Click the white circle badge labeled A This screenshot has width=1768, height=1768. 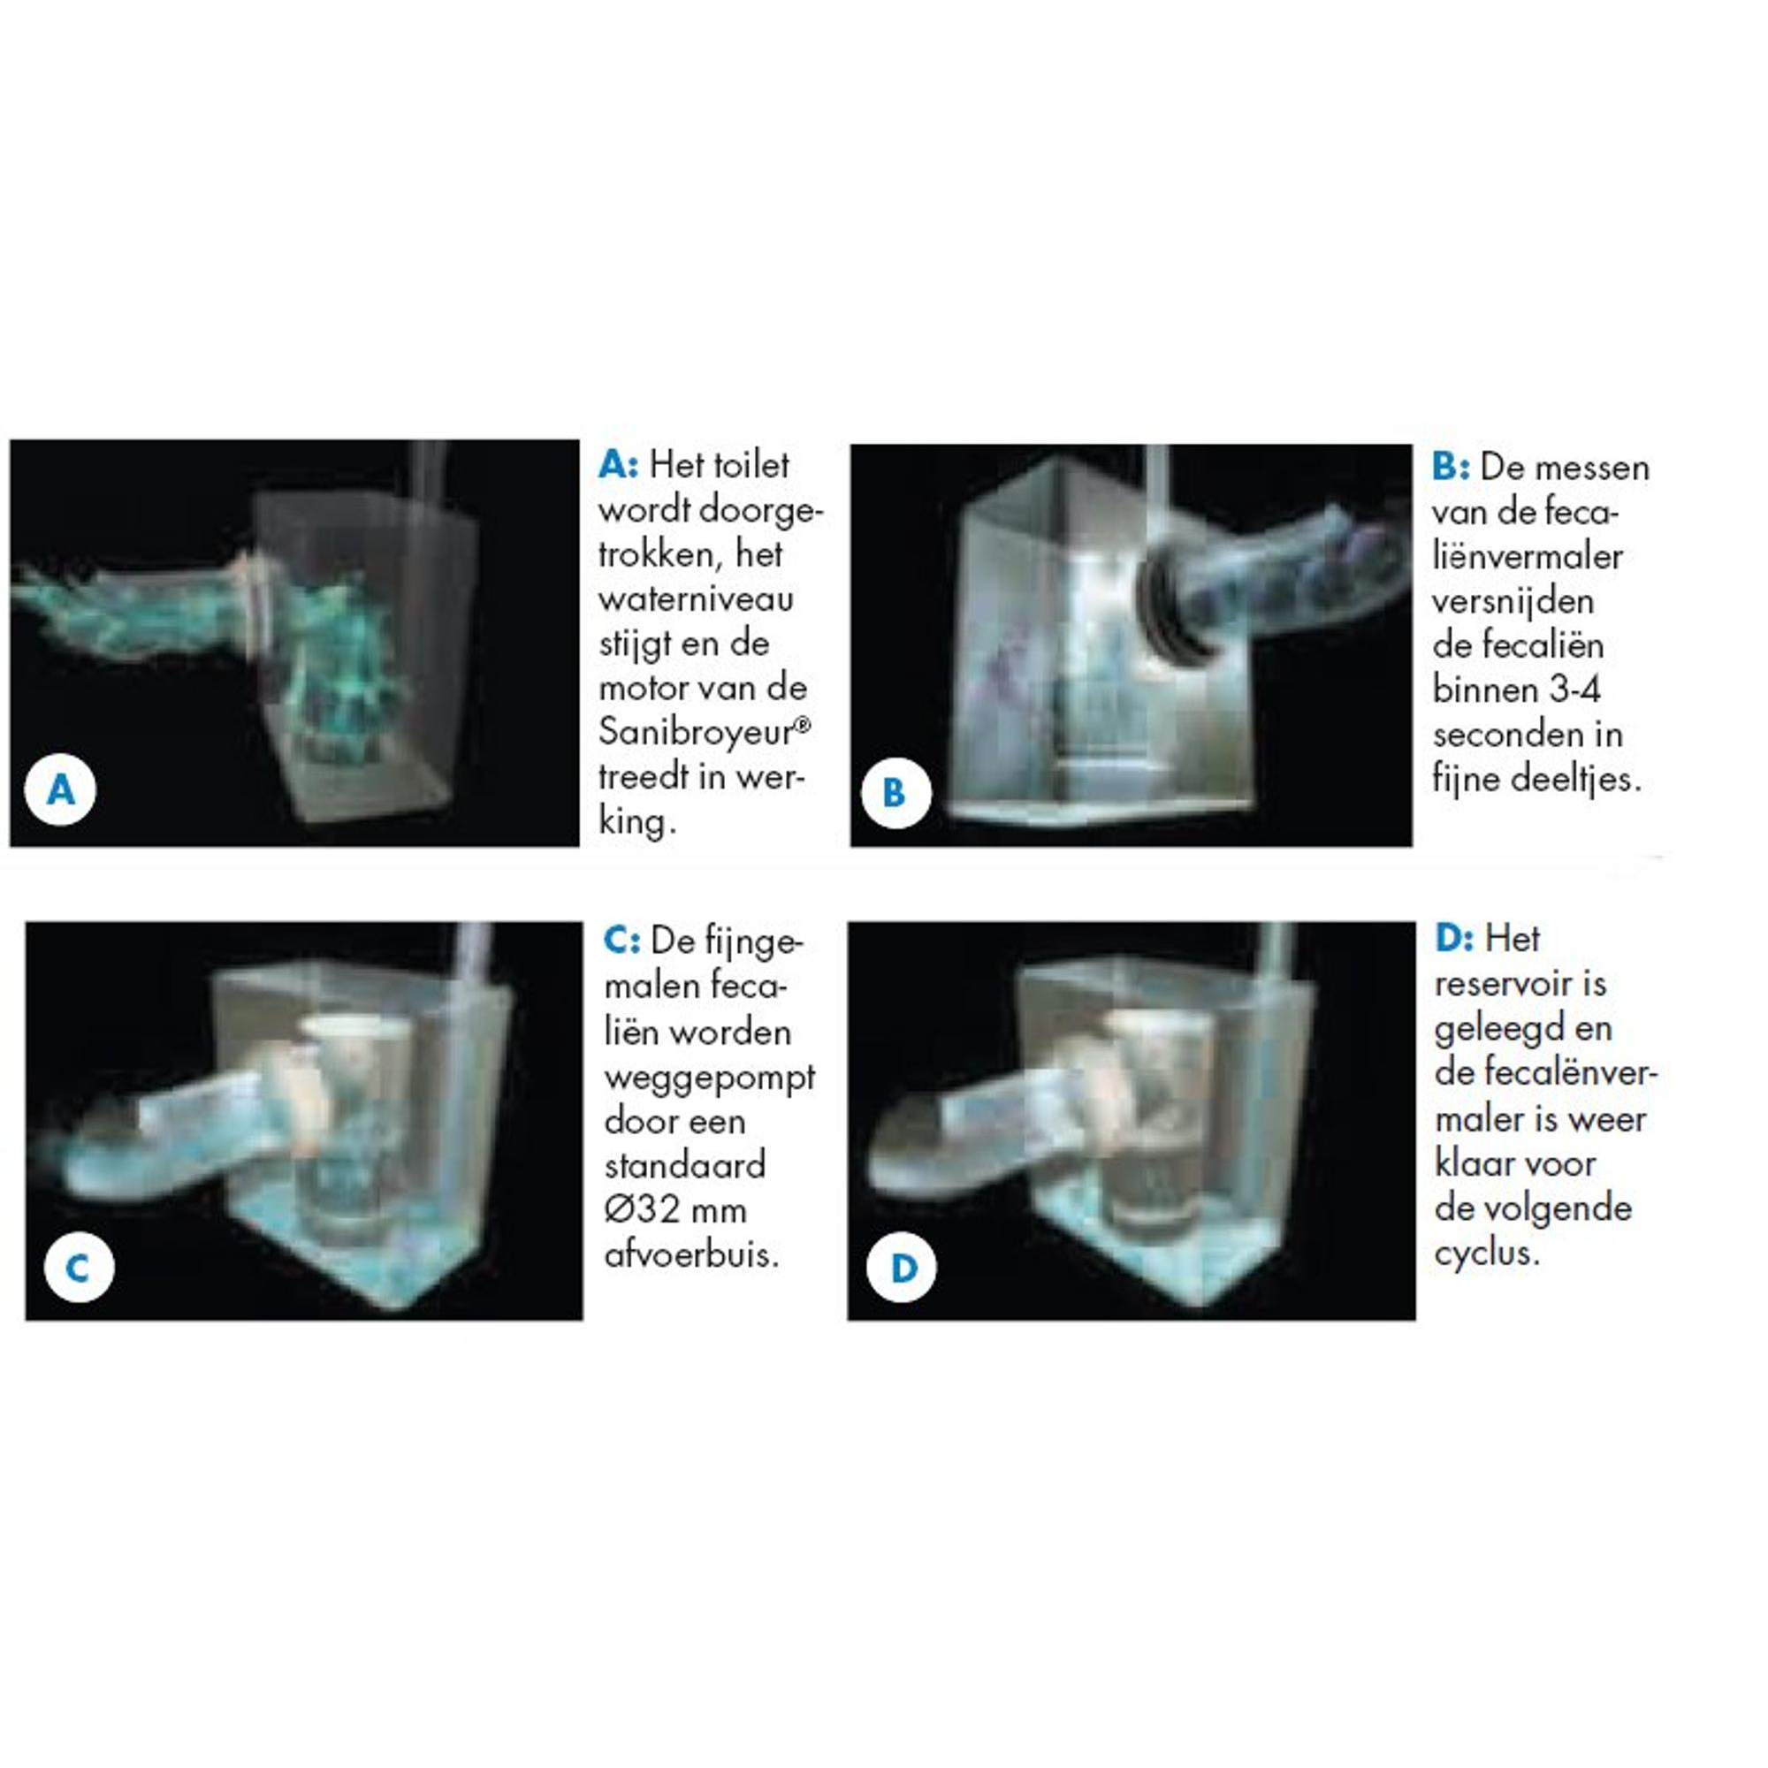click(60, 789)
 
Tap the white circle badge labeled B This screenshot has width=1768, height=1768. click(895, 792)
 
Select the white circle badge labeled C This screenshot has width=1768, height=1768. click(79, 1269)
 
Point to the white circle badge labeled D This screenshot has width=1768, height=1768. click(903, 1269)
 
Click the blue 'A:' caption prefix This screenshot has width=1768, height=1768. click(619, 465)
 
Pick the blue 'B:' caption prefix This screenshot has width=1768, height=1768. click(1452, 468)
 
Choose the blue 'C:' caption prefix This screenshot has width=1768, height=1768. click(622, 941)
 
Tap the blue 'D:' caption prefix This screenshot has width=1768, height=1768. click(1454, 938)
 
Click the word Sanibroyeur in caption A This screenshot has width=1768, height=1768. click(698, 731)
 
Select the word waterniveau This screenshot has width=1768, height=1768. click(697, 598)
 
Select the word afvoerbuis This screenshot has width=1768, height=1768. click(692, 1254)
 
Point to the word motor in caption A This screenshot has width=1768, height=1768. click(644, 688)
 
